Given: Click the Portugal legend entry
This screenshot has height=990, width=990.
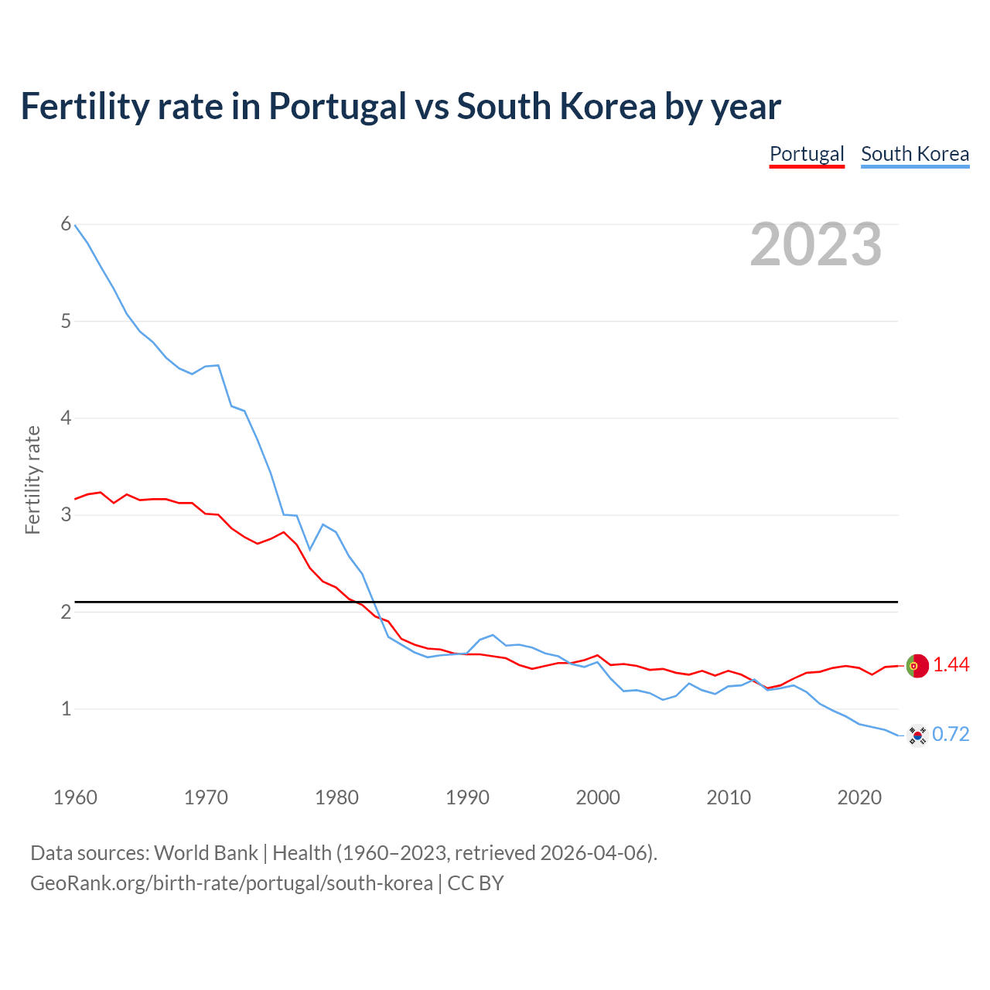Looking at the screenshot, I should [x=807, y=154].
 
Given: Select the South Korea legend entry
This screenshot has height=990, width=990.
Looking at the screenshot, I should [x=915, y=154].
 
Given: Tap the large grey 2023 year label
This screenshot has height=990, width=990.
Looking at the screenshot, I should [x=816, y=244].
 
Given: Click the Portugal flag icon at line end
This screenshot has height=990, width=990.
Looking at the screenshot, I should [x=917, y=665].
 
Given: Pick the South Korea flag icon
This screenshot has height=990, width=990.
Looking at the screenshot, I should [x=917, y=735].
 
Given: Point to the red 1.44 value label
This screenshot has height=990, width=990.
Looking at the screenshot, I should [x=951, y=665].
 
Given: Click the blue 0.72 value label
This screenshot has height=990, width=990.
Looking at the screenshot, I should [x=951, y=735].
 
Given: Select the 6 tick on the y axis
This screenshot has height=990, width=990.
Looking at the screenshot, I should [x=66, y=224].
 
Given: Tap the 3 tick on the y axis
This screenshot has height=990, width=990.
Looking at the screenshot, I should [x=66, y=514].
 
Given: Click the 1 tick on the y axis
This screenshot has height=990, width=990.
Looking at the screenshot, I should [x=66, y=708].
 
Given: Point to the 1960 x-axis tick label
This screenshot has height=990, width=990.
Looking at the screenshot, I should [x=75, y=797].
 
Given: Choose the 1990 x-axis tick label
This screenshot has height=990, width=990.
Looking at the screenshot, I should [x=467, y=797].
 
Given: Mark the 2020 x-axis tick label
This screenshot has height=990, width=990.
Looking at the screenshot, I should [x=859, y=797].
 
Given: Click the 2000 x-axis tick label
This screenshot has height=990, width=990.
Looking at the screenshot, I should [x=598, y=797].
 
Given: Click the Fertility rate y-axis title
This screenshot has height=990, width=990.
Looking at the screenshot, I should [x=32, y=480].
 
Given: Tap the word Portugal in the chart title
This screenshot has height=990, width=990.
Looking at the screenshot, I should [x=337, y=107].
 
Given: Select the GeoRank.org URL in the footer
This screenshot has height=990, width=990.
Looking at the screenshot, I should [x=231, y=883].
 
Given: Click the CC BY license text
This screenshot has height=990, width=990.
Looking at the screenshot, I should [x=476, y=883].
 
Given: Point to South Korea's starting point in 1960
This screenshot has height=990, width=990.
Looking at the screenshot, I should [x=75, y=225].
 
